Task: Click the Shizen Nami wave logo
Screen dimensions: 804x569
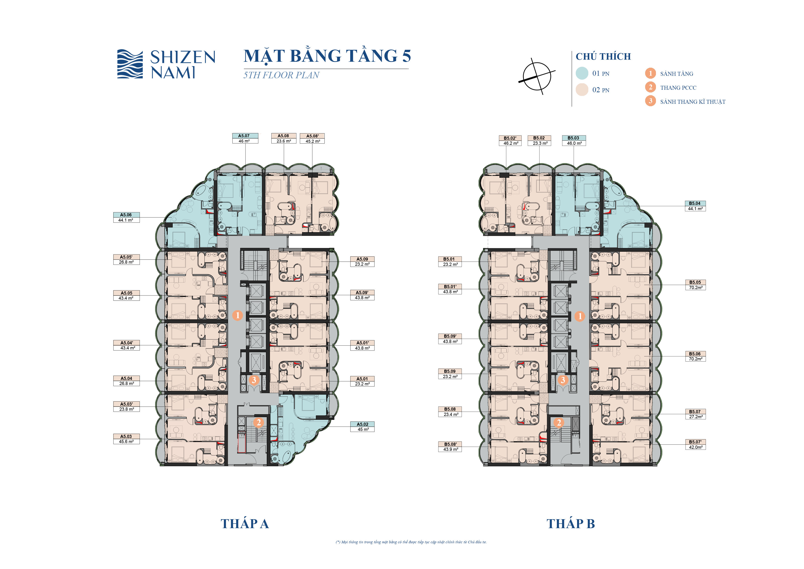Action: pos(130,64)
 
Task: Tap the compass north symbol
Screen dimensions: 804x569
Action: pos(537,76)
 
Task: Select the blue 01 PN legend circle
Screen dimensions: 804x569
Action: pos(582,73)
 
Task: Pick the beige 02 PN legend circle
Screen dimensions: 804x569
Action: pos(582,90)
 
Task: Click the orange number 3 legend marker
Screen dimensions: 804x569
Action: pos(650,101)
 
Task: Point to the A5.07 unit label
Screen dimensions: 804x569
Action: pos(245,136)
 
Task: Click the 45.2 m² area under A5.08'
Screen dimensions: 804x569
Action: pos(312,141)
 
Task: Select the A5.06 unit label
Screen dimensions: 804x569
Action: pos(127,215)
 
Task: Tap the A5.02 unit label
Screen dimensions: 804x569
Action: pos(362,424)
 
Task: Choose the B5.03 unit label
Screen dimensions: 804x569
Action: pos(574,138)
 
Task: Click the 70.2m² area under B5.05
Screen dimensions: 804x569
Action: pos(695,287)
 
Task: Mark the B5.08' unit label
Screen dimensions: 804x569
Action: pos(450,444)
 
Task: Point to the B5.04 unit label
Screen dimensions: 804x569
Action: pos(695,203)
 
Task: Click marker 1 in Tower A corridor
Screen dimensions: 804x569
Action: pos(237,315)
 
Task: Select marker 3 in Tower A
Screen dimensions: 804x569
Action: pos(254,380)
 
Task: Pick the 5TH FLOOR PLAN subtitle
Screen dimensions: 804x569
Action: pos(281,75)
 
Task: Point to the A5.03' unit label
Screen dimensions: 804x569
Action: pos(127,404)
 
